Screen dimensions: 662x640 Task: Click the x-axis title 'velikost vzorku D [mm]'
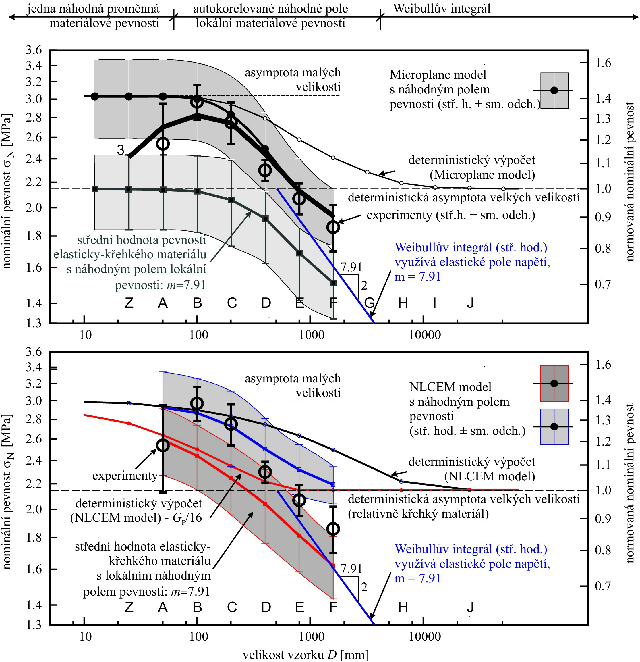pos(306,655)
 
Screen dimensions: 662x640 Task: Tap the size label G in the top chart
pos(370,303)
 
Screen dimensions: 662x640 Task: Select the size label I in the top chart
pos(435,303)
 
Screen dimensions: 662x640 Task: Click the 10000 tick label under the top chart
pos(425,335)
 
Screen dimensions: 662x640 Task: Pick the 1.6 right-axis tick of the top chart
pos(603,63)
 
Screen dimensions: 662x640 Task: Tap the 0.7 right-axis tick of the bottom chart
pos(603,586)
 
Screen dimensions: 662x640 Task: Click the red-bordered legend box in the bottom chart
pos(554,384)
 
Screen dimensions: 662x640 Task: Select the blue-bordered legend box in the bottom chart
pos(554,427)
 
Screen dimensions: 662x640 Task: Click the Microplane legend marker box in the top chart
pos(554,91)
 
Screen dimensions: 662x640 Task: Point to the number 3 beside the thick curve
pos(121,150)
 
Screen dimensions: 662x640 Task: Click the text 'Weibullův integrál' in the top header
pos(442,8)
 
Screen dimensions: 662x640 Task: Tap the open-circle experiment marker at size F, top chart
pos(333,227)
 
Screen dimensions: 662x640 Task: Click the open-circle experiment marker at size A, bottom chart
pos(163,445)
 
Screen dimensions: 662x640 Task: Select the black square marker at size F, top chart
pos(333,283)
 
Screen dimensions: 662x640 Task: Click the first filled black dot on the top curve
pos(95,96)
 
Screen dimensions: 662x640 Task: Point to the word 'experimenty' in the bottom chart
pos(125,476)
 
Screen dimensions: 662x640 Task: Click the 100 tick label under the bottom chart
pos(198,637)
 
